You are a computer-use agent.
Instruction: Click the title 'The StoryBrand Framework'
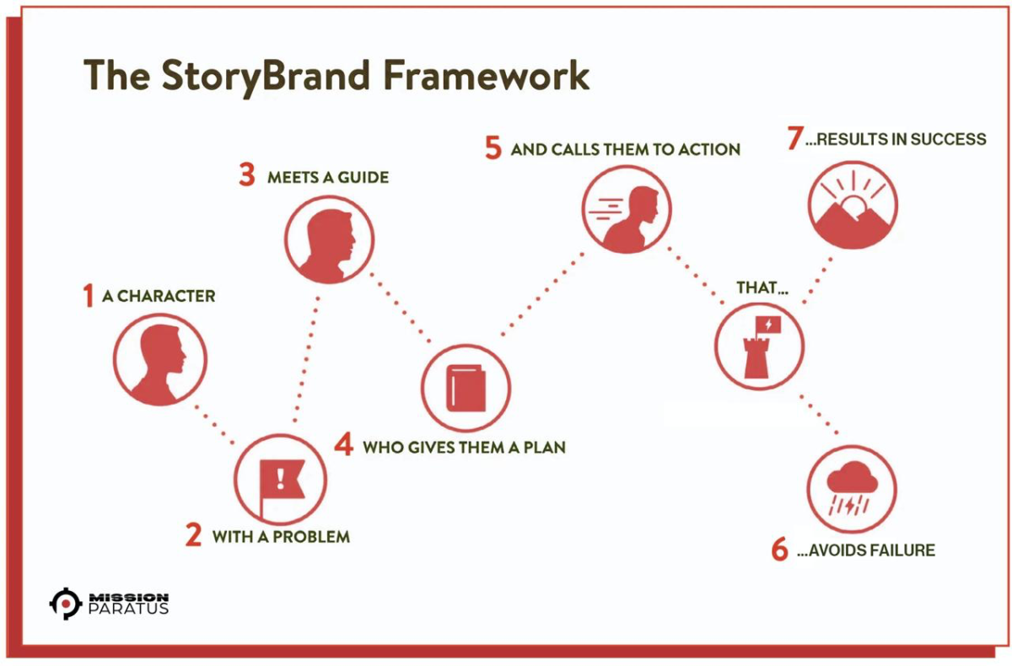336,76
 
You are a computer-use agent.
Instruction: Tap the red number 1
88,296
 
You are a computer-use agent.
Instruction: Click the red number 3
247,177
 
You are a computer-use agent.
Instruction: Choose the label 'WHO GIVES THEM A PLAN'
464,447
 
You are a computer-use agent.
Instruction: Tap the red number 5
493,149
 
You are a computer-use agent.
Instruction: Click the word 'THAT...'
762,287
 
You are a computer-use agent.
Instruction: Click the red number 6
780,551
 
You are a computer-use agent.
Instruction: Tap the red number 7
794,139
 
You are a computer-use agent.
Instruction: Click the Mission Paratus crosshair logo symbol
65,603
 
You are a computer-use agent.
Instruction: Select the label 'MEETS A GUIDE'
328,178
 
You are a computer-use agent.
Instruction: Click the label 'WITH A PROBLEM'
281,536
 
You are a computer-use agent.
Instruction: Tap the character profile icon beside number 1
160,361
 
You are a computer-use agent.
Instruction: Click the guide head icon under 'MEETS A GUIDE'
328,239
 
